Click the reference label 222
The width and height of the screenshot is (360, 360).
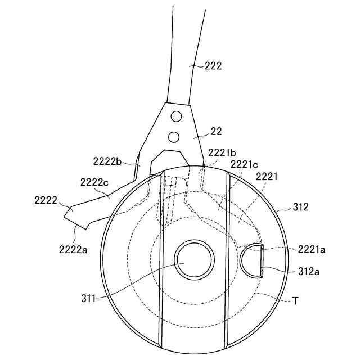point(213,66)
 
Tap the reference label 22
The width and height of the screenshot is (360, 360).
point(216,132)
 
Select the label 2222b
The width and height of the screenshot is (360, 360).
point(107,161)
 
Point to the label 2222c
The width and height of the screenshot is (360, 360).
point(94,182)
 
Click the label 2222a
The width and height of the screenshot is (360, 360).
point(73,249)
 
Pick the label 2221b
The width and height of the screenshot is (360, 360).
point(222,152)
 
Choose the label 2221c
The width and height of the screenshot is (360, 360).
point(244,164)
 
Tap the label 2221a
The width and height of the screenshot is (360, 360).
point(312,249)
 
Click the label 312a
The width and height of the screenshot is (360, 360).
point(309,272)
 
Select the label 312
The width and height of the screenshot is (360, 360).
point(300,207)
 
